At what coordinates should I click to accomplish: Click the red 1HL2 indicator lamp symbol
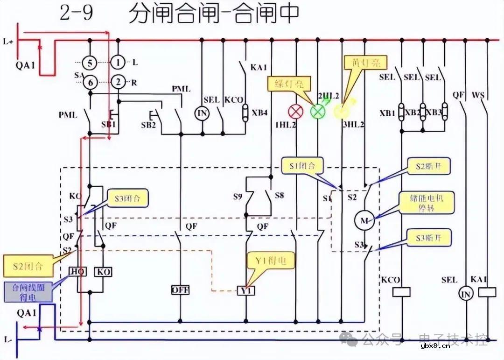click(295, 112)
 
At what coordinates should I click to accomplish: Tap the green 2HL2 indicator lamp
click(318, 112)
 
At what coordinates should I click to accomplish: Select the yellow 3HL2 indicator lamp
click(341, 111)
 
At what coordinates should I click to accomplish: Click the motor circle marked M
click(364, 220)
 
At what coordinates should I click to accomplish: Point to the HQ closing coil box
click(77, 271)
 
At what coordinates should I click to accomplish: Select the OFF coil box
click(180, 289)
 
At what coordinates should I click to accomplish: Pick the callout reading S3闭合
click(127, 198)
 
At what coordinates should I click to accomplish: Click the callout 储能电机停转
click(426, 203)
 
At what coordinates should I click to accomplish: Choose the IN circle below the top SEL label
click(202, 113)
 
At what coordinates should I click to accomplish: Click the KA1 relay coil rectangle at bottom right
click(488, 292)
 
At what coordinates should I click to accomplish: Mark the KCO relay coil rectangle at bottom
click(401, 292)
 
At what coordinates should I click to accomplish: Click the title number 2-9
click(77, 13)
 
